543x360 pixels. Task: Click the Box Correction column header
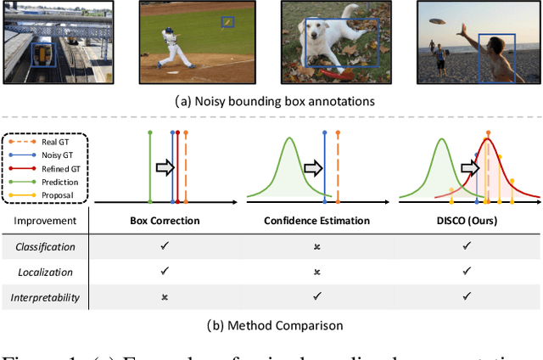click(x=165, y=221)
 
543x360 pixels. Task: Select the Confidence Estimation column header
click(x=316, y=221)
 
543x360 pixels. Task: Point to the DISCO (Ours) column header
click(x=466, y=221)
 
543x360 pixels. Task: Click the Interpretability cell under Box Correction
click(x=165, y=297)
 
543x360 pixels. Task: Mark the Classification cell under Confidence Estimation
click(x=316, y=246)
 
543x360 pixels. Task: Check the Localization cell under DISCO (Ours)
click(x=466, y=272)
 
